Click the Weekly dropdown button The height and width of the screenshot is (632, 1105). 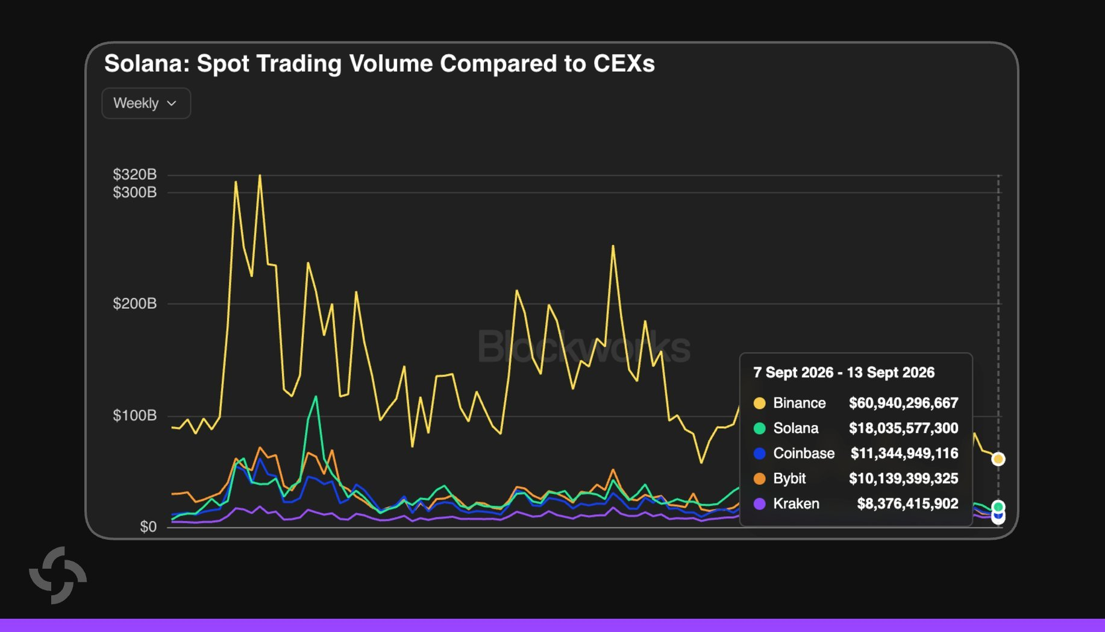pyautogui.click(x=146, y=103)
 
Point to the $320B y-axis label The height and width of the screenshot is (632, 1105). pyautogui.click(x=134, y=174)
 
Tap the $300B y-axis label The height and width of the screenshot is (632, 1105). pyautogui.click(x=134, y=192)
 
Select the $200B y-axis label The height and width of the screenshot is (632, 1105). pyautogui.click(x=134, y=303)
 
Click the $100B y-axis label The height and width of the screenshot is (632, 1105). pyautogui.click(x=134, y=416)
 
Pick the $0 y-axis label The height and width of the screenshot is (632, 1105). pyautogui.click(x=148, y=526)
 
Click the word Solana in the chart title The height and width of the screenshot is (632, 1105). pyautogui.click(x=146, y=63)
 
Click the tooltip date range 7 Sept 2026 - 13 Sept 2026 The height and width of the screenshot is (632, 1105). pyautogui.click(x=844, y=373)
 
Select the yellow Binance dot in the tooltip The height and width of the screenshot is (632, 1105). pyautogui.click(x=760, y=403)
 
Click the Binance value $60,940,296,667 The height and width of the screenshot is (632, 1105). pyautogui.click(x=903, y=403)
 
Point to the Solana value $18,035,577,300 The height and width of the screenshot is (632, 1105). pyautogui.click(x=903, y=428)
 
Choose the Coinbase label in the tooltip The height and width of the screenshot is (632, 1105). pyautogui.click(x=804, y=453)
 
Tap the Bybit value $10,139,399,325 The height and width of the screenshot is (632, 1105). pyautogui.click(x=903, y=479)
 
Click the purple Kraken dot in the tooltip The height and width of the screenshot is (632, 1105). pyautogui.click(x=760, y=504)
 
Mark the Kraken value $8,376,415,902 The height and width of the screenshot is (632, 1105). pyautogui.click(x=907, y=504)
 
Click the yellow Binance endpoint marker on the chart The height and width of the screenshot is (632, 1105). pyautogui.click(x=998, y=459)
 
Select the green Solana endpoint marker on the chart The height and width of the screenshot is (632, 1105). pyautogui.click(x=998, y=507)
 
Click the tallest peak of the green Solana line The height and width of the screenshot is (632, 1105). pyautogui.click(x=316, y=397)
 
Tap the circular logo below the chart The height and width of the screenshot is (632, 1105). pyautogui.click(x=58, y=575)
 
